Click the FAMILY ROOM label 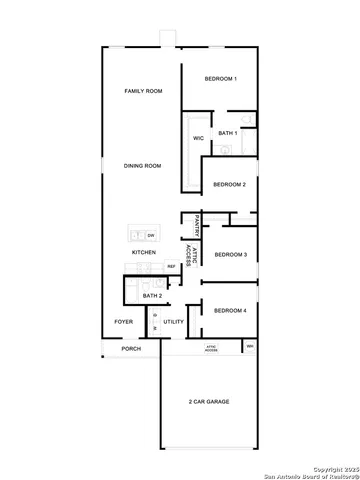(143, 91)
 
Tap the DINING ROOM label (143, 166)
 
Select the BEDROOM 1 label (220, 79)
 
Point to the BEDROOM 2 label (229, 184)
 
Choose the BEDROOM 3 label (230, 255)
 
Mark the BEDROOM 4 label (230, 311)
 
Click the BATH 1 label (228, 133)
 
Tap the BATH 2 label (152, 296)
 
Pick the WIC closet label (198, 138)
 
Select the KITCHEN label (143, 253)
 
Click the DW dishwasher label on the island (151, 235)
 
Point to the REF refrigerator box (171, 266)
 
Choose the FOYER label (123, 322)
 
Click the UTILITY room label (174, 322)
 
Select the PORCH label (130, 349)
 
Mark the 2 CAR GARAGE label (209, 401)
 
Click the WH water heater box (250, 347)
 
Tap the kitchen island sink (137, 235)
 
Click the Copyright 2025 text (333, 467)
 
